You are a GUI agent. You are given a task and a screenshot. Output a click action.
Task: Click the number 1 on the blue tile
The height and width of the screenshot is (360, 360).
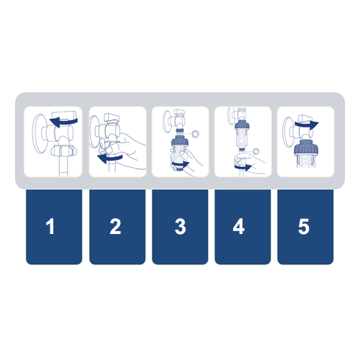pos(50,226)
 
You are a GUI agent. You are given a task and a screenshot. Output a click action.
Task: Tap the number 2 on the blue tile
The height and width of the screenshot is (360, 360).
pos(115,226)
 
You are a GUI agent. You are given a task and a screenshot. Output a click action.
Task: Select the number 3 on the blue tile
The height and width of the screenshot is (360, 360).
pos(180,226)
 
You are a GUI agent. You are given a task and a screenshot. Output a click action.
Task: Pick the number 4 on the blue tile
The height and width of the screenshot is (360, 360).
pos(239,226)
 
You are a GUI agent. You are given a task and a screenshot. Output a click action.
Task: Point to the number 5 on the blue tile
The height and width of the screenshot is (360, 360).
pos(304,226)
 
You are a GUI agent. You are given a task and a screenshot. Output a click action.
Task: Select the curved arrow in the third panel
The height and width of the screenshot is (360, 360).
pos(181,165)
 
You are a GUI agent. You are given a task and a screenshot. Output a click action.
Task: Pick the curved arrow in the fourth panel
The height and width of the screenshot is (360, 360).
pos(243,167)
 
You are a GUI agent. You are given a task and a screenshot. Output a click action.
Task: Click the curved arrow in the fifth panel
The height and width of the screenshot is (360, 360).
pos(307,125)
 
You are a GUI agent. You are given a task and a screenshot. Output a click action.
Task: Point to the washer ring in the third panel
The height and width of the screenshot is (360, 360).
pos(195,133)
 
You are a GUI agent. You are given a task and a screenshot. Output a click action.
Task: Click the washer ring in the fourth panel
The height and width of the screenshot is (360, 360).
pos(256,151)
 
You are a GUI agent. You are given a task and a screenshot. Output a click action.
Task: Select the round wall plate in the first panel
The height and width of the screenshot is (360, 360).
pos(39,134)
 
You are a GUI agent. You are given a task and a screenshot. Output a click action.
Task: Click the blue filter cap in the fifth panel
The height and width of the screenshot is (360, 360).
pos(306,146)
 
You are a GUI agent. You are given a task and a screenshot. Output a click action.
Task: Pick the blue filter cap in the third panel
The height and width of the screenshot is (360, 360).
pos(181,141)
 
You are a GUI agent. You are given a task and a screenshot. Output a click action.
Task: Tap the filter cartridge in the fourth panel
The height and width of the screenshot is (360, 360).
pos(242,135)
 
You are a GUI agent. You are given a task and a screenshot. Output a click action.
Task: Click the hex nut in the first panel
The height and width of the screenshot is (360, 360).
pos(64,151)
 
